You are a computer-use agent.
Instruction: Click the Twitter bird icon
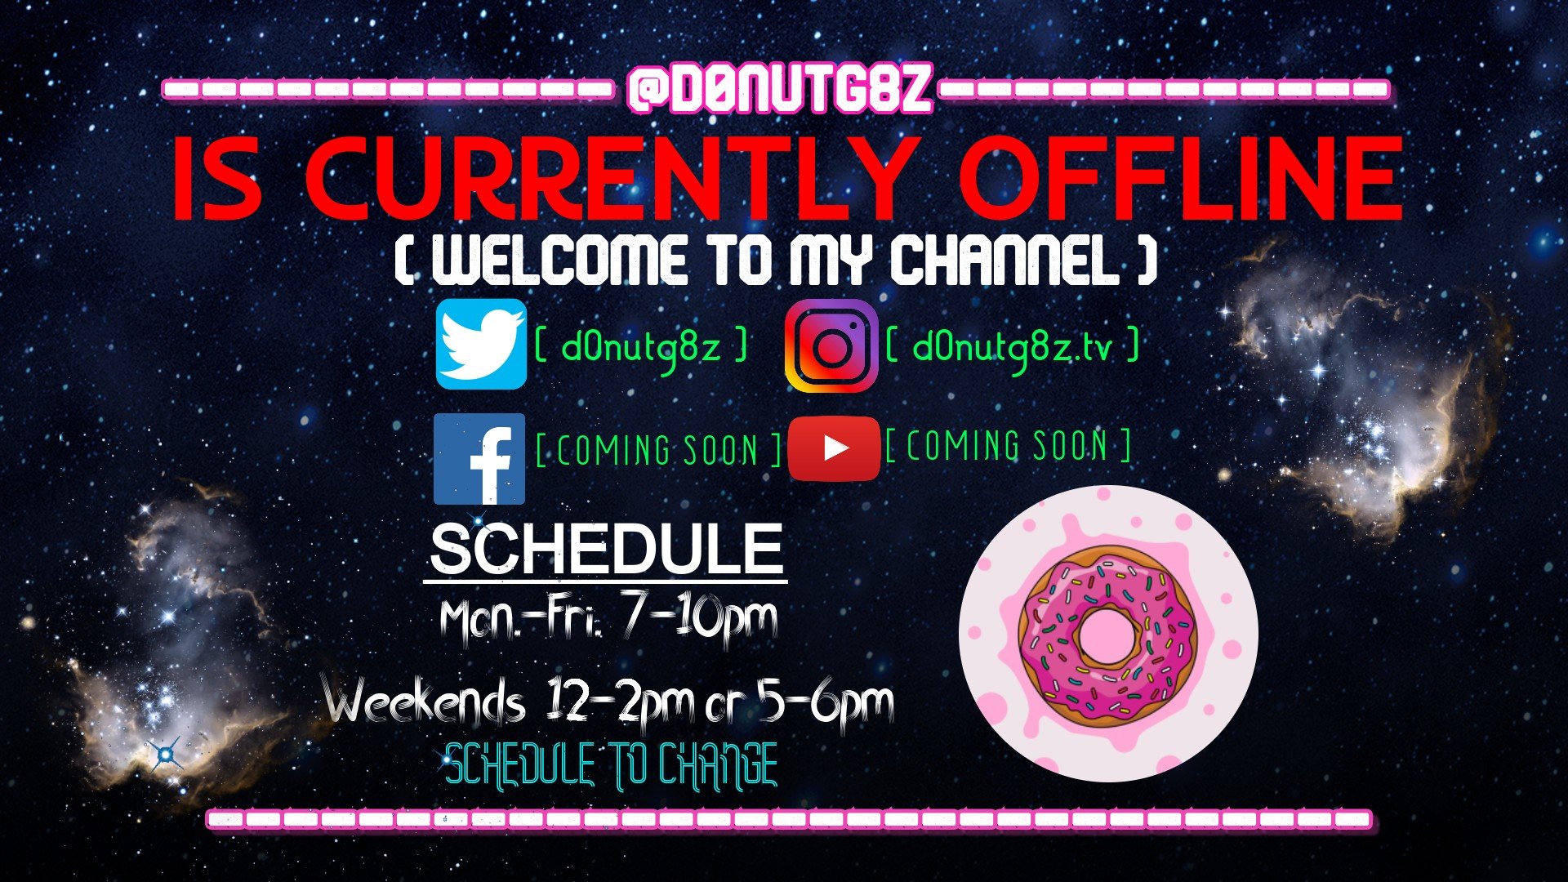(481, 344)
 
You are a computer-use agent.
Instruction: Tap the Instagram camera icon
(831, 346)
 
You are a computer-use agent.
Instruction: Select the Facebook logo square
(479, 459)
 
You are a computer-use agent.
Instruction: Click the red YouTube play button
(834, 448)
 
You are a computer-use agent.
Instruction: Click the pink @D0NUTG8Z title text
(780, 89)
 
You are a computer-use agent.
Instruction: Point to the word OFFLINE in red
(1181, 180)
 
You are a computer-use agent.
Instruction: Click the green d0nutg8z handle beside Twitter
(641, 347)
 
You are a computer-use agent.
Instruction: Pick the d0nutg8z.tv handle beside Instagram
(1012, 347)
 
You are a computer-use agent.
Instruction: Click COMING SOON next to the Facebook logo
(658, 450)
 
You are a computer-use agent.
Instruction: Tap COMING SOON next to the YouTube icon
(1008, 446)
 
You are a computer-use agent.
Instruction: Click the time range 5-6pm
(826, 703)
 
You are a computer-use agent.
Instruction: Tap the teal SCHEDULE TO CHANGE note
(611, 766)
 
